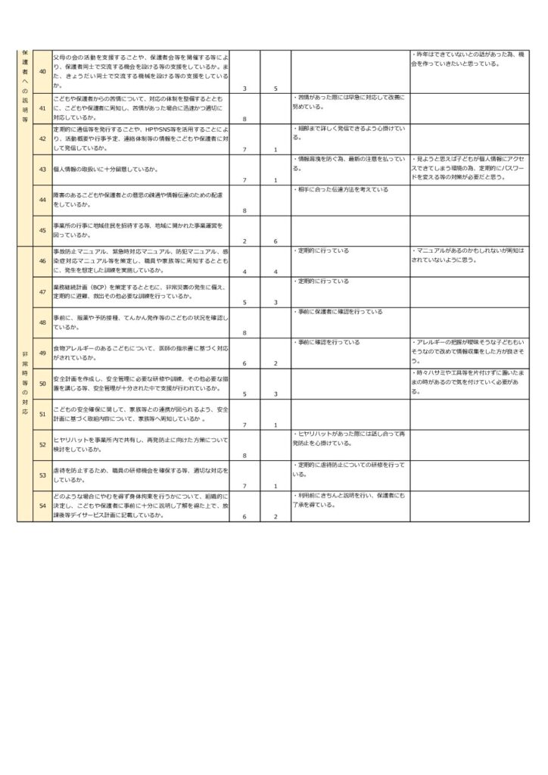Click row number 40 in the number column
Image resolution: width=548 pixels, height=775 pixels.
pyautogui.click(x=42, y=72)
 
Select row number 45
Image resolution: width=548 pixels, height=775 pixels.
pyautogui.click(x=42, y=230)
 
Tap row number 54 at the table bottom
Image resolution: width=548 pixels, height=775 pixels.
pyautogui.click(x=42, y=506)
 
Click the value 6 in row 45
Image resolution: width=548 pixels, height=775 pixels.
pyautogui.click(x=276, y=241)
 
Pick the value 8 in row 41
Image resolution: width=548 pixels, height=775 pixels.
pyautogui.click(x=244, y=120)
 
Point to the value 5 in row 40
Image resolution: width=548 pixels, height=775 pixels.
pyautogui.click(x=276, y=89)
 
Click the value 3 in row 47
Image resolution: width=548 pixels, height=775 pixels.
pyautogui.click(x=276, y=302)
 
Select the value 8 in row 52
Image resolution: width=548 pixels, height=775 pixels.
pyautogui.click(x=244, y=456)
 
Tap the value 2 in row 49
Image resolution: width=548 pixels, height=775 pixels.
pyautogui.click(x=276, y=363)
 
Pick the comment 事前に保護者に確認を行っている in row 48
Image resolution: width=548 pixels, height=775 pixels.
pyautogui.click(x=340, y=312)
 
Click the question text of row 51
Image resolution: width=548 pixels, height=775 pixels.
pyautogui.click(x=140, y=414)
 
